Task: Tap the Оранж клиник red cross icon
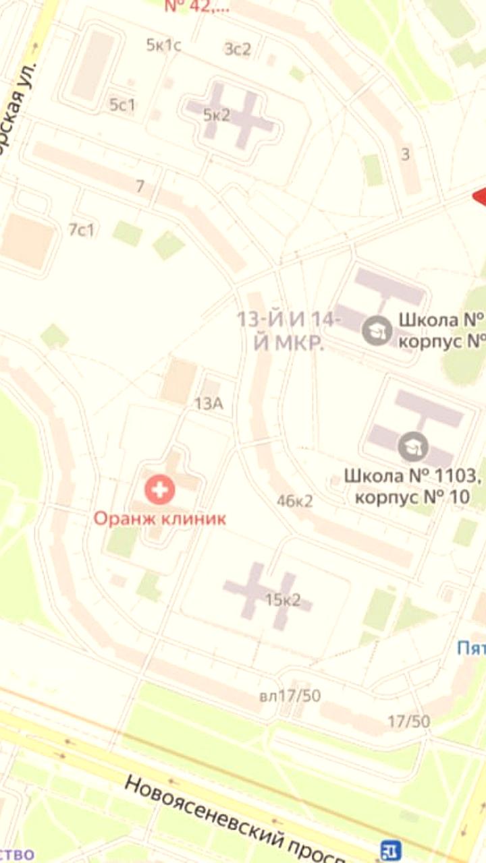[160, 489]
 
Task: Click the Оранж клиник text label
[159, 518]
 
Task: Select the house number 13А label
[209, 404]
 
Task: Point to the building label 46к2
[295, 501]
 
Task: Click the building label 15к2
[283, 600]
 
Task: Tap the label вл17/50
[290, 696]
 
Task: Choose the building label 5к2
[217, 115]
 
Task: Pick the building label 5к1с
[164, 45]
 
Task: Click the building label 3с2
[238, 49]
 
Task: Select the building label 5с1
[123, 105]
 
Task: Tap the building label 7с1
[82, 230]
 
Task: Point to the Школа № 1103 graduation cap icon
[409, 446]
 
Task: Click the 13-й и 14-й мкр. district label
[289, 331]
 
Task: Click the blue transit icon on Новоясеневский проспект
[390, 850]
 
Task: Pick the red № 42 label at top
[196, 7]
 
